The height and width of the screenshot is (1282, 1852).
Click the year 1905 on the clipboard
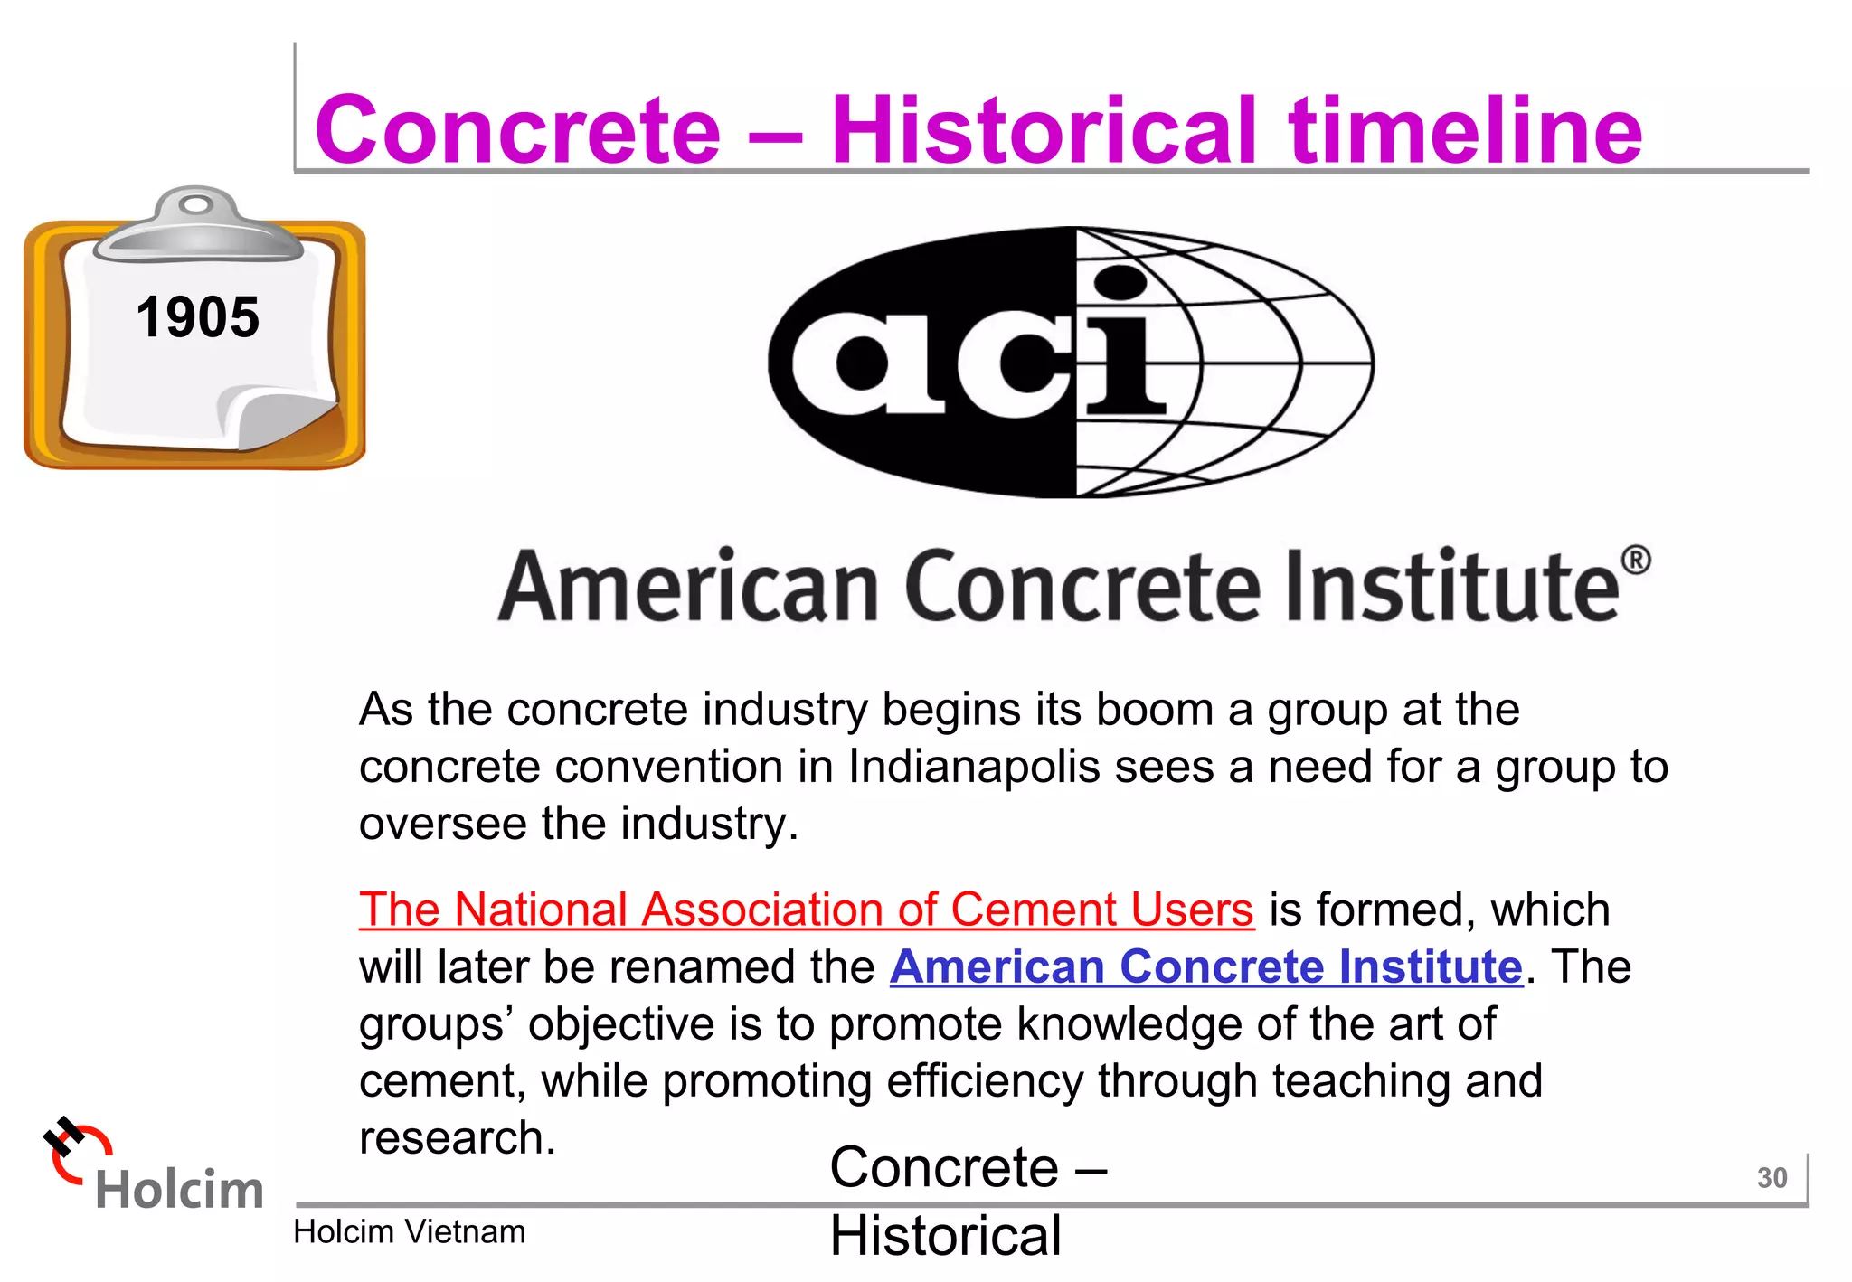[197, 317]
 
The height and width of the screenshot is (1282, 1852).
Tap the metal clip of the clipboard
[197, 226]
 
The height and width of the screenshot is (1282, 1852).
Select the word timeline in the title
[1465, 130]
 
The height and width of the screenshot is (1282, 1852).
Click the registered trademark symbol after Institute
[1636, 561]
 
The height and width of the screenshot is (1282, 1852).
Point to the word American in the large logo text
[688, 587]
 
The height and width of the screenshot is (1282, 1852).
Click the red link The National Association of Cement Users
[806, 910]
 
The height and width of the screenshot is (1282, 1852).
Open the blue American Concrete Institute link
[1206, 966]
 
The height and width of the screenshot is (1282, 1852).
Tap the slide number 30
[1772, 1177]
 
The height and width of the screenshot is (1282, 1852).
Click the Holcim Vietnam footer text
[409, 1231]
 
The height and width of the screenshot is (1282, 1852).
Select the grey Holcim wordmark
[179, 1190]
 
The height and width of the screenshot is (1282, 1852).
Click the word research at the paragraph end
[457, 1137]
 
